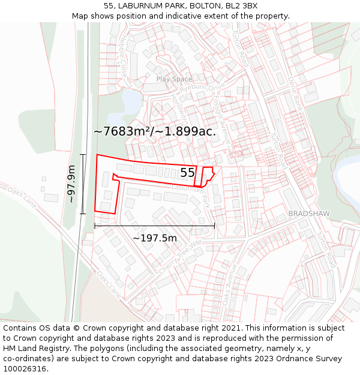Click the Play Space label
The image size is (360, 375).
(x=174, y=79)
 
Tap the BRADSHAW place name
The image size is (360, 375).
(x=308, y=214)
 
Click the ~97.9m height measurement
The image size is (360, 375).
(x=72, y=184)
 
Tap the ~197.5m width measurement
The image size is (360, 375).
(x=155, y=238)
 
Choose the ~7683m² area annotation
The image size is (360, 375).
(x=155, y=131)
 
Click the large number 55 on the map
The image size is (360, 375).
(x=187, y=173)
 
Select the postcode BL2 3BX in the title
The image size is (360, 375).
(x=242, y=5)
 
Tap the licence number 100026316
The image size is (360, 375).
(x=25, y=369)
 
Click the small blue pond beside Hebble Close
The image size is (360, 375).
(x=132, y=98)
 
